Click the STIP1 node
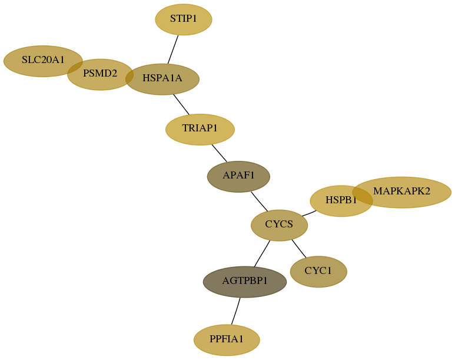click(x=184, y=19)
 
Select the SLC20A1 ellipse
click(x=43, y=61)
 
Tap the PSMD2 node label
click(x=100, y=74)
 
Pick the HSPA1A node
click(x=162, y=79)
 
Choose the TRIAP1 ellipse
click(x=200, y=129)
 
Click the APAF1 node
click(x=238, y=176)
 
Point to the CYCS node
click(x=279, y=225)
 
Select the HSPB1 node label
click(x=341, y=200)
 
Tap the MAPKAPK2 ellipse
click(x=402, y=192)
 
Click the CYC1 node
click(x=318, y=272)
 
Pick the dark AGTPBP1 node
click(x=245, y=282)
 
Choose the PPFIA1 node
click(x=227, y=340)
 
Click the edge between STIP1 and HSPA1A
click(x=173, y=49)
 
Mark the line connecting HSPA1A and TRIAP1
click(x=181, y=104)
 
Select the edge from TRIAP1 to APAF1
click(x=220, y=153)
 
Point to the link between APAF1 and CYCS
click(x=260, y=202)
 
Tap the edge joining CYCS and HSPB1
click(x=309, y=213)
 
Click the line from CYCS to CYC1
click(x=299, y=249)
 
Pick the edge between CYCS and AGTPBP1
click(x=262, y=254)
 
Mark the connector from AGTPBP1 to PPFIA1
click(x=235, y=311)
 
